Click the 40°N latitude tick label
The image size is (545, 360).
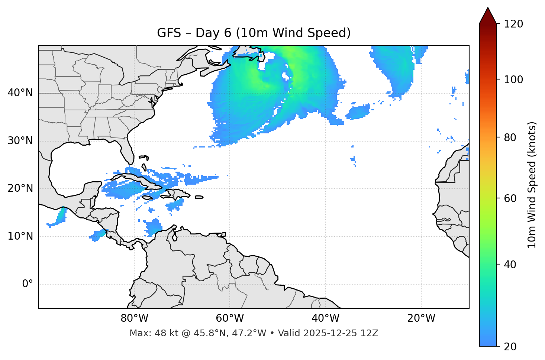(20, 93)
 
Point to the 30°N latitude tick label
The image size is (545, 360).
(20, 141)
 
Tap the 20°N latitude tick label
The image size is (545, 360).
(20, 188)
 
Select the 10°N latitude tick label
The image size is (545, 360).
(20, 236)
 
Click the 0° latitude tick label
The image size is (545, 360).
(28, 284)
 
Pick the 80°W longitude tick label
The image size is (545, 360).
(134, 318)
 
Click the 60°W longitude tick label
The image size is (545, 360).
(230, 318)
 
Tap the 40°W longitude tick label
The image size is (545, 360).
(325, 318)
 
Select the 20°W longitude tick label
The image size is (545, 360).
(421, 318)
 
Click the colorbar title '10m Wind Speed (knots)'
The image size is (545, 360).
(532, 185)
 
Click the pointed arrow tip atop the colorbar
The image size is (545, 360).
(488, 8)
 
